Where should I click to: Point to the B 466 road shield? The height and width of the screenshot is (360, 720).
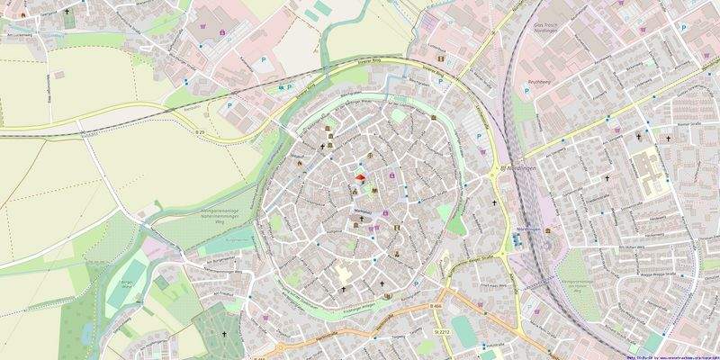[436, 307]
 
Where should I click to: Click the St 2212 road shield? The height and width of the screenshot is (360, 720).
[441, 332]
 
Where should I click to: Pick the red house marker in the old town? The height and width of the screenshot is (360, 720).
[358, 178]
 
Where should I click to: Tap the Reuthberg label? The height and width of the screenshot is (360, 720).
[541, 78]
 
